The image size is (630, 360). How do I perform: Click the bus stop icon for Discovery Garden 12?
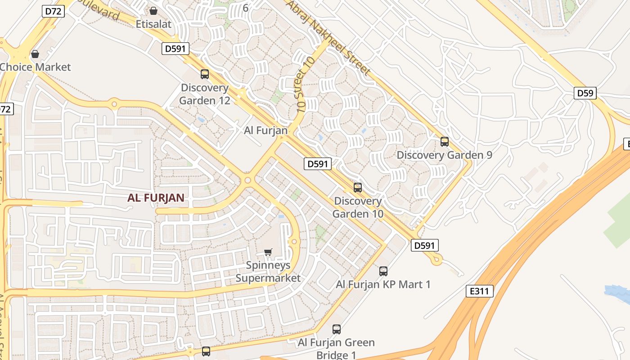pyautogui.click(x=205, y=74)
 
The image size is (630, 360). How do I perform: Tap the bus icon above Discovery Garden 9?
pyautogui.click(x=445, y=142)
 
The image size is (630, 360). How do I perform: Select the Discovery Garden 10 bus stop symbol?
pyautogui.click(x=358, y=188)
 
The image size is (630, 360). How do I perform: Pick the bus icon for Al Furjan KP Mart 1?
pyautogui.click(x=383, y=271)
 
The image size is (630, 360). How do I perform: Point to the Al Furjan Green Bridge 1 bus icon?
pyautogui.click(x=337, y=329)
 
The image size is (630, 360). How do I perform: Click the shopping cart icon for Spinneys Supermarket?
pyautogui.click(x=268, y=252)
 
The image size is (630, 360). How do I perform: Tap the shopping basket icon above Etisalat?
pyautogui.click(x=153, y=11)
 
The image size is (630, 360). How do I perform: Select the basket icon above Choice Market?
pyautogui.click(x=35, y=54)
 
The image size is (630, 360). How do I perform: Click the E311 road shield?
pyautogui.click(x=479, y=291)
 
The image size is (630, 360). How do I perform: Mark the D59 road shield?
pyautogui.click(x=585, y=93)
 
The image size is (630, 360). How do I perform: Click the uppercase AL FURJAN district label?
pyautogui.click(x=156, y=198)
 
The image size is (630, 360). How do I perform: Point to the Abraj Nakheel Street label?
pyautogui.click(x=328, y=38)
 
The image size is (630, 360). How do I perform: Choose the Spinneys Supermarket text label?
pyautogui.click(x=268, y=272)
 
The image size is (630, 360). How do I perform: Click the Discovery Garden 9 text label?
pyautogui.click(x=444, y=155)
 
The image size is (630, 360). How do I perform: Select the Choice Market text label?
pyautogui.click(x=35, y=67)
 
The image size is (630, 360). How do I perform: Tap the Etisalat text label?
pyautogui.click(x=153, y=24)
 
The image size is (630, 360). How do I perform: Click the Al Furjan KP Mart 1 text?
pyautogui.click(x=383, y=284)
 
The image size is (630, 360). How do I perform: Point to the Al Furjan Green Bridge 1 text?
pyautogui.click(x=336, y=348)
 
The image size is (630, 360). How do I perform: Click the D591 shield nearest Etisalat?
pyautogui.click(x=175, y=49)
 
